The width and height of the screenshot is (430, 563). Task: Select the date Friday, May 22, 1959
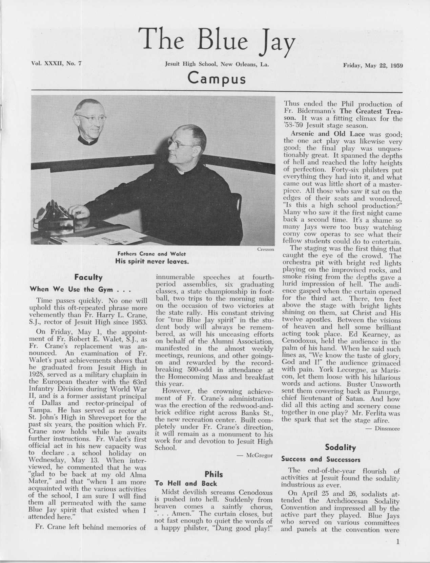pyautogui.click(x=373, y=65)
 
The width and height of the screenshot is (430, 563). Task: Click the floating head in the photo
pyautogui.click(x=89, y=121)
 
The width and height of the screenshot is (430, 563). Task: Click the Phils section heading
pyautogui.click(x=214, y=474)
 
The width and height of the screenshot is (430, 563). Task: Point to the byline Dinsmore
pyautogui.click(x=387, y=429)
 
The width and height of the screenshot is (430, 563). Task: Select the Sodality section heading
pyautogui.click(x=340, y=448)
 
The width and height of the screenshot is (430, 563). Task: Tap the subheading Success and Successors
pyautogui.click(x=321, y=459)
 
